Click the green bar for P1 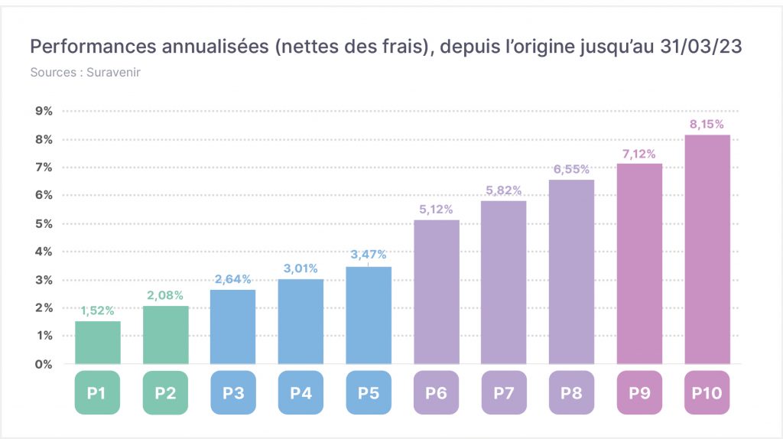point(97,343)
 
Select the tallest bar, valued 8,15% point(707,249)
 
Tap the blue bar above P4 point(301,322)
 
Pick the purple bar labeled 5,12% point(437,292)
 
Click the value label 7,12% point(639,154)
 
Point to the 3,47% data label point(369,255)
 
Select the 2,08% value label point(165,295)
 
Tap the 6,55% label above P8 point(571,169)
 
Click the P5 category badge point(369,392)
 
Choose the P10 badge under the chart point(707,392)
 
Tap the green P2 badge point(165,392)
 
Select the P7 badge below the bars point(504,392)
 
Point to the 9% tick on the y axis point(44,111)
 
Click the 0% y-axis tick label point(44,364)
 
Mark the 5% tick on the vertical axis point(44,223)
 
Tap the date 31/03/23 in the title point(700,47)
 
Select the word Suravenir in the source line point(113,73)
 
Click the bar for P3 point(232,327)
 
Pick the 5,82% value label point(504,190)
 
